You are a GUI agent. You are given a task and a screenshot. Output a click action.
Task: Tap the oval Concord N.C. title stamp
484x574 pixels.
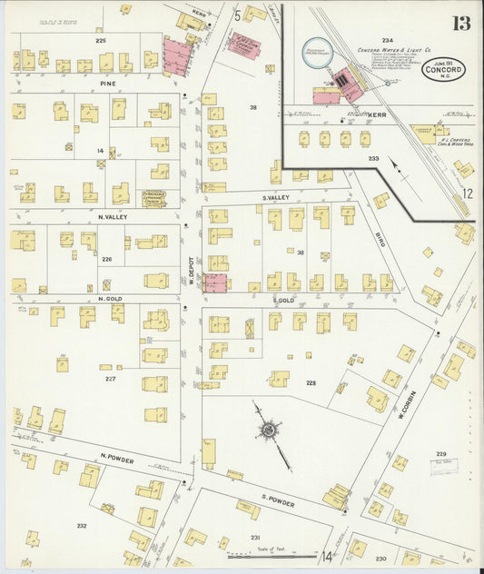pyautogui.click(x=444, y=71)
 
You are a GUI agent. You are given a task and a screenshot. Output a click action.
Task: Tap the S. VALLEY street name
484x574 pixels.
pyautogui.click(x=274, y=197)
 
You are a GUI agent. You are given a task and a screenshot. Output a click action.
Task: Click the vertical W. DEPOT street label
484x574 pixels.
pyautogui.click(x=193, y=268)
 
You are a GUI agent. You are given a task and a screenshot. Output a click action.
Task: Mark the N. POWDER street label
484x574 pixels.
pyautogui.click(x=117, y=460)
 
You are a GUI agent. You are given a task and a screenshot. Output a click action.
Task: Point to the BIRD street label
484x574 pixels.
pyautogui.click(x=380, y=238)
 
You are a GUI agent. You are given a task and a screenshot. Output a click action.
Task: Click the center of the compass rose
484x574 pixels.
pyautogui.click(x=270, y=429)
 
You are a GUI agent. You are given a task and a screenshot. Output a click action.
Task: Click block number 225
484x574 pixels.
pyautogui.click(x=100, y=41)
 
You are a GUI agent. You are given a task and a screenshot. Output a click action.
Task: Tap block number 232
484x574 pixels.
pyautogui.click(x=81, y=525)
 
